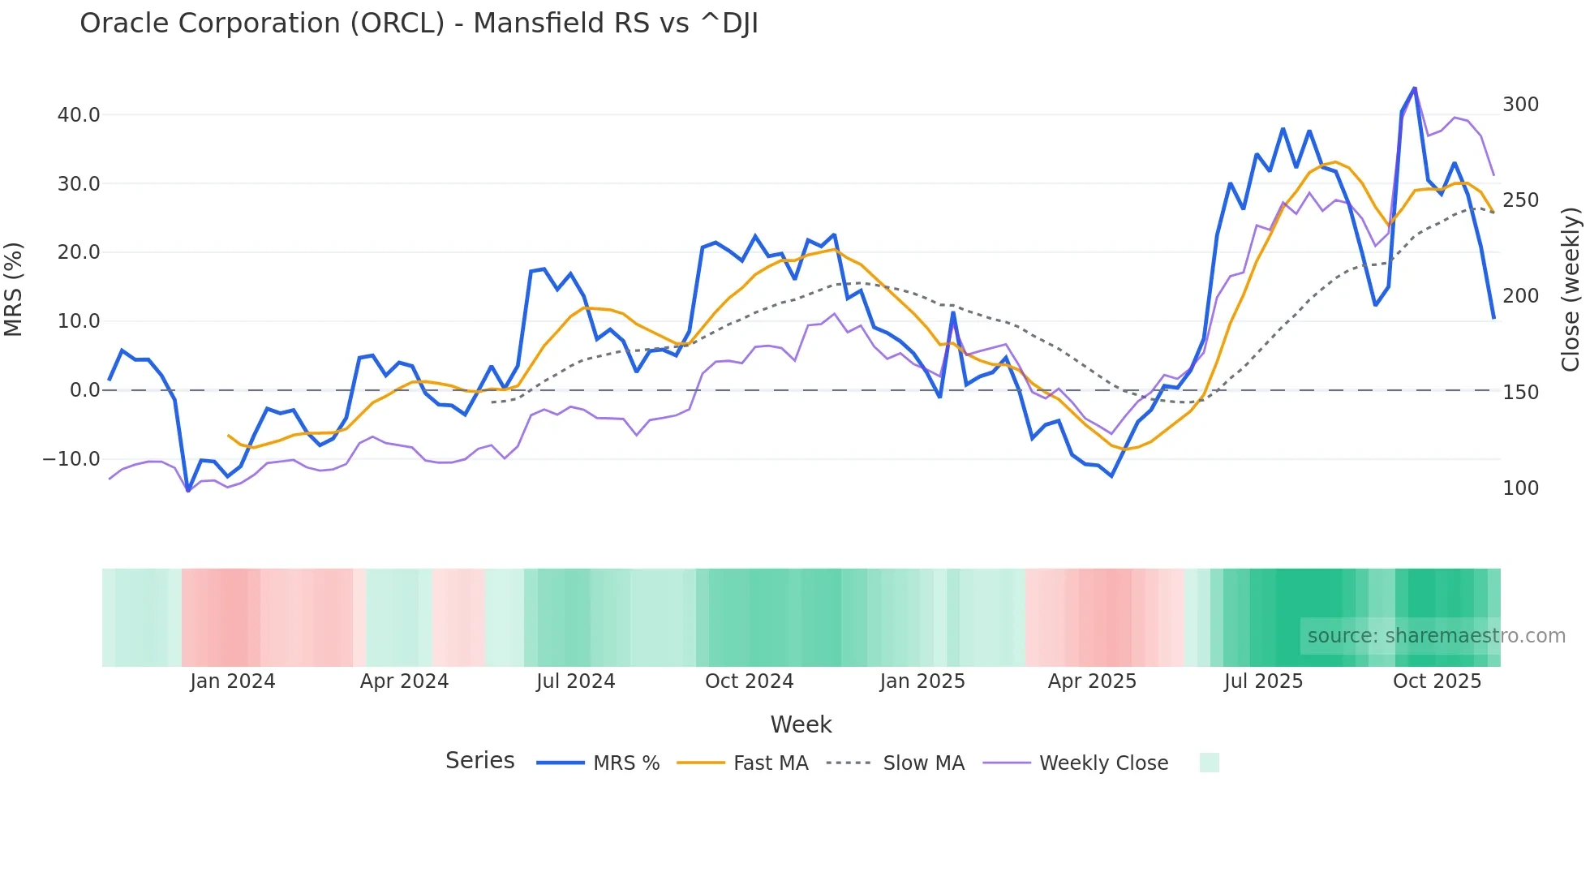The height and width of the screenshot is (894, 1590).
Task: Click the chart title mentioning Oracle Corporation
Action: pyautogui.click(x=419, y=24)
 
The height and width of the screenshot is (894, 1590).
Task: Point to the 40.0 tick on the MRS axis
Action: pyautogui.click(x=79, y=115)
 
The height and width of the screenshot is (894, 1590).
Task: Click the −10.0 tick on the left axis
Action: pyautogui.click(x=71, y=459)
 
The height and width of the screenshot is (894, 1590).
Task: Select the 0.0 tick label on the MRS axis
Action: pyautogui.click(x=84, y=390)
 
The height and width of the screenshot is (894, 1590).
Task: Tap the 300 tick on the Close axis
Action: pyautogui.click(x=1520, y=105)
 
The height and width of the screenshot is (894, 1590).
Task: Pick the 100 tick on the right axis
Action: pyautogui.click(x=1520, y=488)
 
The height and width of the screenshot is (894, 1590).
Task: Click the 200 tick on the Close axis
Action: pyautogui.click(x=1520, y=296)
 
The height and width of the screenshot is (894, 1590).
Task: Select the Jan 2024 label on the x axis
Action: pyautogui.click(x=233, y=681)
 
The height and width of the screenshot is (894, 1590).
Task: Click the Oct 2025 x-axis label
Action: pyautogui.click(x=1437, y=681)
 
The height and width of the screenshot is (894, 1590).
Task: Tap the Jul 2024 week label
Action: pyautogui.click(x=575, y=681)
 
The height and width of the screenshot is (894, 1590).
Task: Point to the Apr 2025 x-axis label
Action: pyautogui.click(x=1092, y=681)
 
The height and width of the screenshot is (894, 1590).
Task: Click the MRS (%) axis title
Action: pyautogui.click(x=14, y=290)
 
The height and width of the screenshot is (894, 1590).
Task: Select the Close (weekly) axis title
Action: pyautogui.click(x=1571, y=290)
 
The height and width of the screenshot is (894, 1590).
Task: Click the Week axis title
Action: pyautogui.click(x=801, y=724)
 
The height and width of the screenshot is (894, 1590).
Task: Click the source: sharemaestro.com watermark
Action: pyautogui.click(x=1436, y=636)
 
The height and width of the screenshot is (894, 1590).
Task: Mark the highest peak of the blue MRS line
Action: pyautogui.click(x=1415, y=88)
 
